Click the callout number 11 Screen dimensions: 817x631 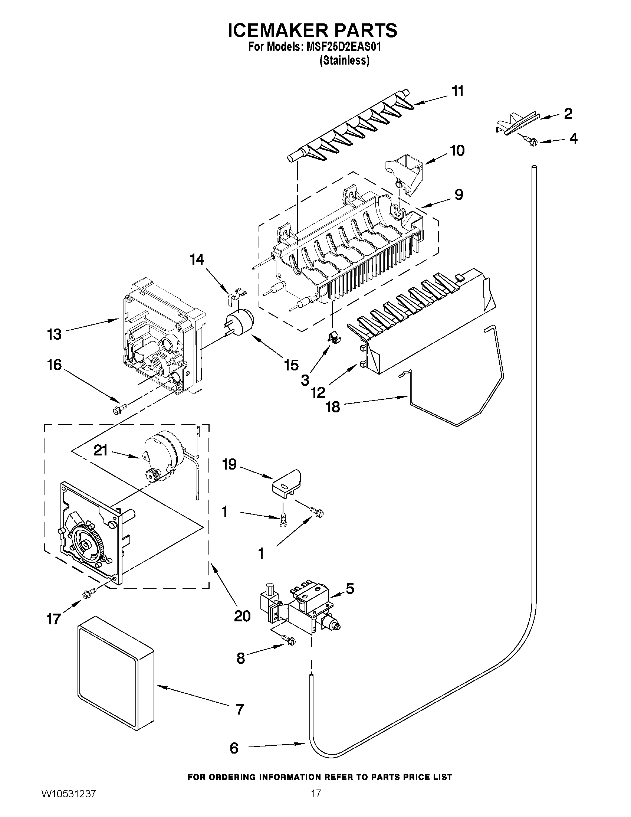457,91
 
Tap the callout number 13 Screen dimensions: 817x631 54,334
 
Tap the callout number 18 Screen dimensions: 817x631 333,406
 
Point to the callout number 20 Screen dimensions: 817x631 242,615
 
